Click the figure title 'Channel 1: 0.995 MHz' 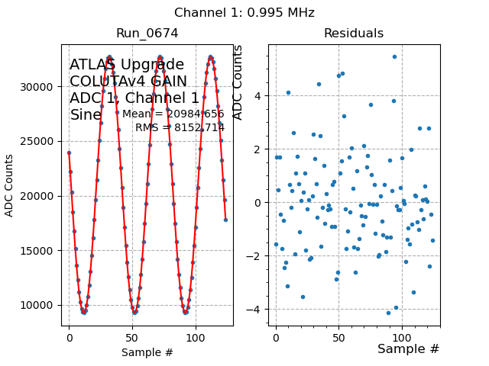pos(244,13)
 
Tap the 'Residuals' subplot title pos(354,34)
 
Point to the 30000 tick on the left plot pos(39,87)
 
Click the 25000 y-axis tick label pos(39,142)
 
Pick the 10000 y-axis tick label pos(39,305)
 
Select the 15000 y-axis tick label pos(39,251)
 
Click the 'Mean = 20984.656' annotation pos(173,114)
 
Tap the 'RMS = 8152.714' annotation pos(180,127)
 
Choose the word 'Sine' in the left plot pos(86,115)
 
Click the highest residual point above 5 pos(394,56)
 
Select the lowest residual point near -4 pos(388,313)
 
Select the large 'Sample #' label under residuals pos(409,349)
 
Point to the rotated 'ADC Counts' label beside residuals pos(238,82)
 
